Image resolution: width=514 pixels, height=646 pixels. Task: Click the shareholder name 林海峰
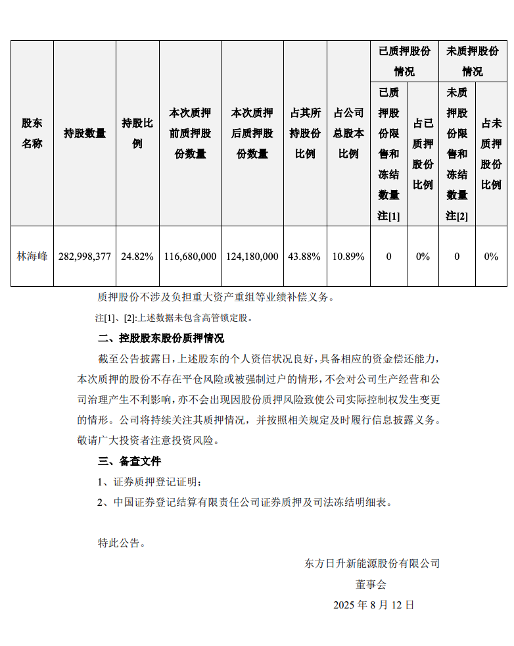(32, 257)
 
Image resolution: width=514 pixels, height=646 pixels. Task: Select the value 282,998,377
(85, 257)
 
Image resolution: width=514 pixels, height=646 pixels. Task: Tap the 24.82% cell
(137, 257)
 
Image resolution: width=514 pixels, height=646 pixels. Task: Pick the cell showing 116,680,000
(190, 257)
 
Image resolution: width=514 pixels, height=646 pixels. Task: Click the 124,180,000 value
(252, 257)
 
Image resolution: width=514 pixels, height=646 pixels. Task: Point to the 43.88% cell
(304, 257)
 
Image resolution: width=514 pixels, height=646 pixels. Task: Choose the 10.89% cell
(348, 257)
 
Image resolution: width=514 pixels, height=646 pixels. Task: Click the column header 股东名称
(32, 134)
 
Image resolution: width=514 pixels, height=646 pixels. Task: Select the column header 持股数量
(85, 134)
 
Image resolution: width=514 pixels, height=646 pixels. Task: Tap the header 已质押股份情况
(404, 61)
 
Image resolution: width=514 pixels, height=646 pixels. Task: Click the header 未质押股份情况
(473, 61)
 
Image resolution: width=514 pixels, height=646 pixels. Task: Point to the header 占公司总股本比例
(348, 134)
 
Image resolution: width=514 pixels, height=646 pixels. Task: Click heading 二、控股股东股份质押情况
(160, 339)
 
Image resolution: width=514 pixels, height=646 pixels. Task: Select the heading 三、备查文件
(129, 461)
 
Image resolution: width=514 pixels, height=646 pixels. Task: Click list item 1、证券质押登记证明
(150, 482)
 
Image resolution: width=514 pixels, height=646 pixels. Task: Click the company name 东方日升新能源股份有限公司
(372, 564)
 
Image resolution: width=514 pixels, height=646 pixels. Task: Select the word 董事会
(371, 584)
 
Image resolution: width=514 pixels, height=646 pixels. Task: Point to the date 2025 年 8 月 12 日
(373, 605)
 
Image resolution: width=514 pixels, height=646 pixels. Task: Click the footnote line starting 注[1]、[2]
(174, 318)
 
